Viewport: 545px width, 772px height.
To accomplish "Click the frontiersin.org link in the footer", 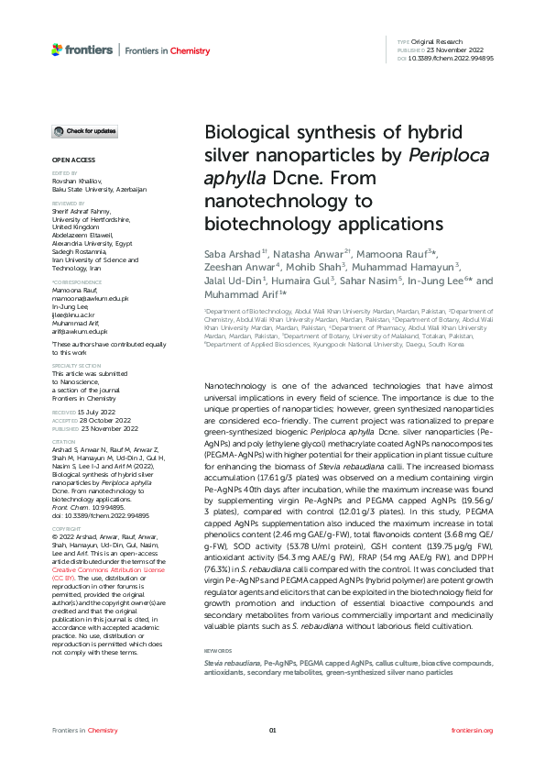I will click(x=473, y=731).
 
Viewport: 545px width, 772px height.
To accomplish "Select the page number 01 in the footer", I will click(x=272, y=731).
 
